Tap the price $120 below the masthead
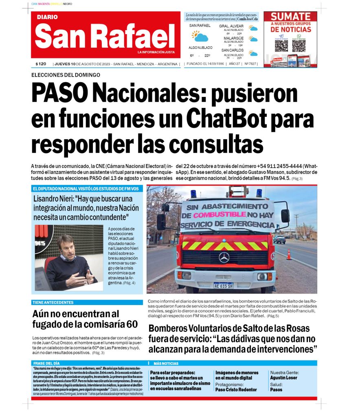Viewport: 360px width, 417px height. tap(41, 64)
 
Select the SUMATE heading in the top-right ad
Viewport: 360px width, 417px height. tap(290, 16)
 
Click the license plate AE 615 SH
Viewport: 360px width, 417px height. tap(224, 286)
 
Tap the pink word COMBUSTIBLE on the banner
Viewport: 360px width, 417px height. tap(220, 214)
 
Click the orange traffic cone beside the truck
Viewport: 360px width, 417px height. tap(289, 254)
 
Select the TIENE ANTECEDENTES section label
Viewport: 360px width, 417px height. tap(53, 303)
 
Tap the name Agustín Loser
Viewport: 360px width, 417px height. tap(283, 378)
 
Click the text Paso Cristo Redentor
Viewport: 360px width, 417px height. tap(236, 390)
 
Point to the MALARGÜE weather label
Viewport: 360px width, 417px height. tap(233, 38)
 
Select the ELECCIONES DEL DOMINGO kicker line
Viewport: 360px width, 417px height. tap(66, 75)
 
